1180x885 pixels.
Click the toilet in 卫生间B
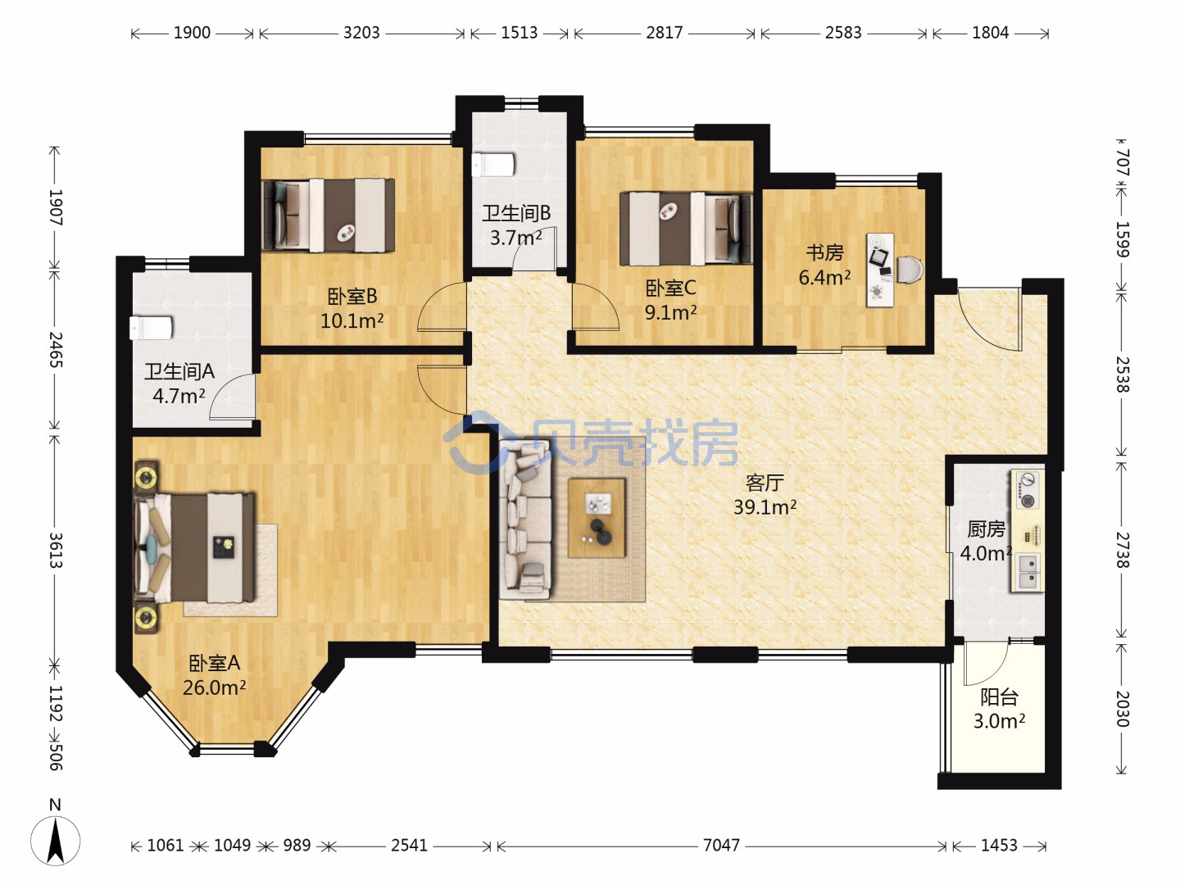click(x=492, y=165)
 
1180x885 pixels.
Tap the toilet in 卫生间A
click(x=151, y=327)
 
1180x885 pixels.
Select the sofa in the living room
click(x=524, y=520)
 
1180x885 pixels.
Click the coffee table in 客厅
click(x=597, y=518)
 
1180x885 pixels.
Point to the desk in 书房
click(x=880, y=270)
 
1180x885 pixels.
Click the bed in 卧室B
click(x=329, y=215)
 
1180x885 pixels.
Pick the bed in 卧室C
click(x=685, y=229)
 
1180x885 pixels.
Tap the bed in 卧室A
click(x=194, y=547)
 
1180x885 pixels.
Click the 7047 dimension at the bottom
click(x=721, y=845)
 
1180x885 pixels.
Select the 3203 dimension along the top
click(x=361, y=33)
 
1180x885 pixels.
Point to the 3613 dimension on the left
click(x=56, y=550)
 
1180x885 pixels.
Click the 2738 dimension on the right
click(x=1123, y=550)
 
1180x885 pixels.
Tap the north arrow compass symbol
click(x=56, y=841)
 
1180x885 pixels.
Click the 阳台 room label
click(x=1000, y=697)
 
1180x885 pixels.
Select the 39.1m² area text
click(x=765, y=506)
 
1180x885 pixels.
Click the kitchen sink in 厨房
click(x=1028, y=572)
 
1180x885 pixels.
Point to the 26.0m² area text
click(x=215, y=688)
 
